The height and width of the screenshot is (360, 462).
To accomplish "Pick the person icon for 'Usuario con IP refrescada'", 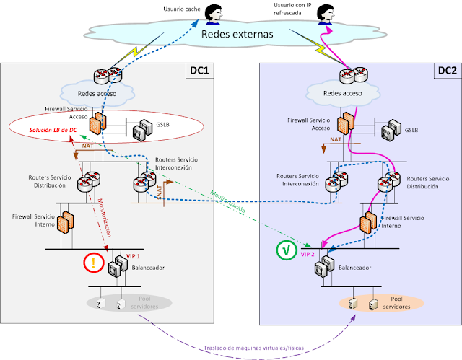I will coord(326,15).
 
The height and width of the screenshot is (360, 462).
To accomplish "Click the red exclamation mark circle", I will coord(93,263).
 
